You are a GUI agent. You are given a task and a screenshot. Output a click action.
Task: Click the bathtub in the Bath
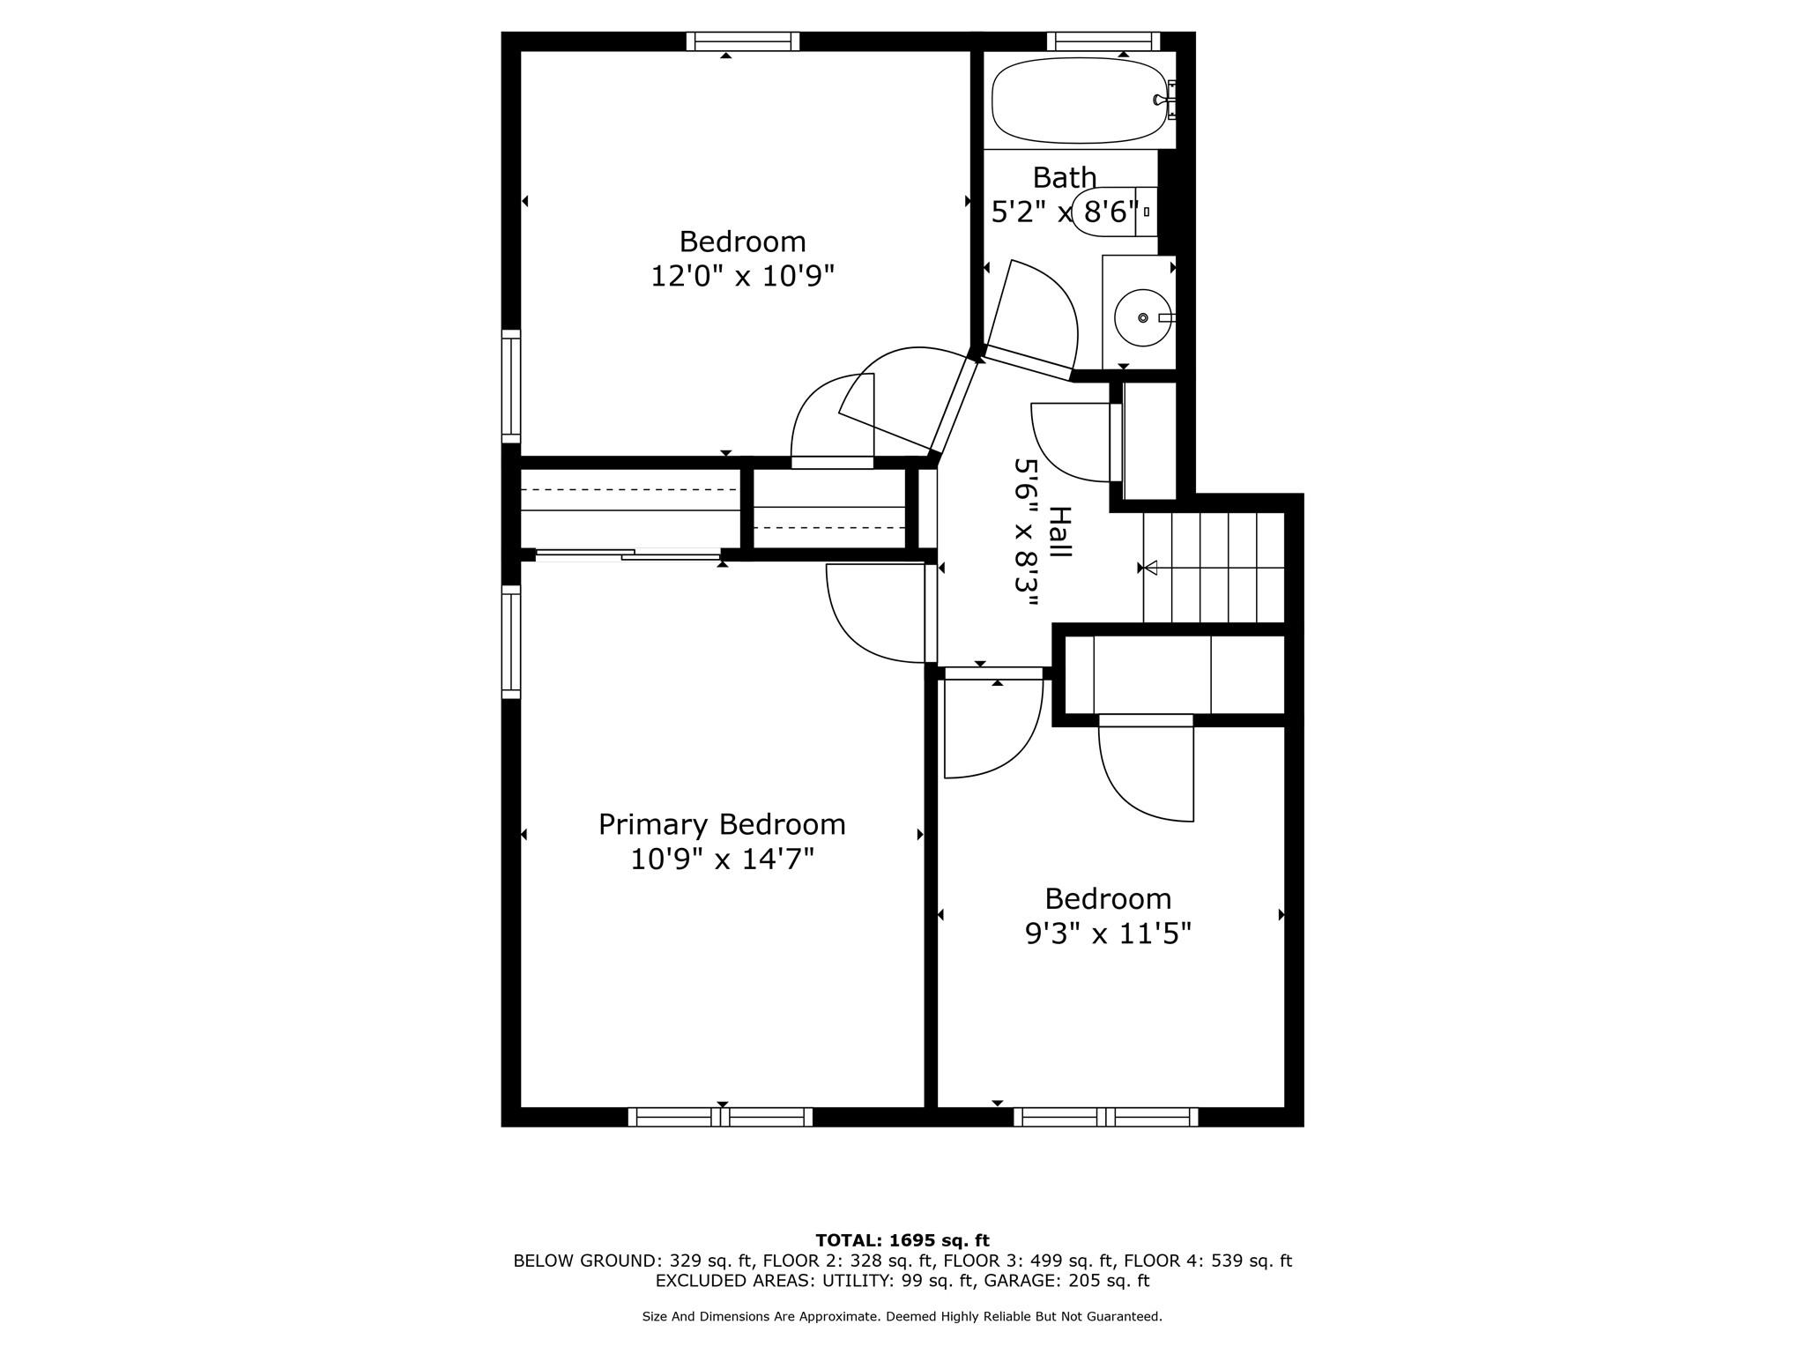point(1080,100)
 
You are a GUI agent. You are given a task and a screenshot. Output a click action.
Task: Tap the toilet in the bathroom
point(1112,212)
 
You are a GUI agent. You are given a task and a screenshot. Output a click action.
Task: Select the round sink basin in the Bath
point(1142,317)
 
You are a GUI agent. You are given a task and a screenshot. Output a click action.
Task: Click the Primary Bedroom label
point(721,824)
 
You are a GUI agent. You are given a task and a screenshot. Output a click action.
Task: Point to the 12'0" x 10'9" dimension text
point(742,277)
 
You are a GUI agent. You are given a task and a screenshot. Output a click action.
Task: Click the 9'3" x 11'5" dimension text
point(1107,933)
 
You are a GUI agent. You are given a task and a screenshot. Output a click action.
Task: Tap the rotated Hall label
point(1060,532)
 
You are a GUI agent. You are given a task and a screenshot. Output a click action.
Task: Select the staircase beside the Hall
point(1213,568)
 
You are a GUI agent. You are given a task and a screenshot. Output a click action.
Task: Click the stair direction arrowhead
point(1149,568)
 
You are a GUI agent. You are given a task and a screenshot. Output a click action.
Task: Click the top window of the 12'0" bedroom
point(742,41)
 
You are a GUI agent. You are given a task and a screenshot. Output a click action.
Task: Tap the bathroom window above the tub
point(1103,41)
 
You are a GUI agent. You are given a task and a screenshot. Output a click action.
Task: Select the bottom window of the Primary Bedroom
point(720,1117)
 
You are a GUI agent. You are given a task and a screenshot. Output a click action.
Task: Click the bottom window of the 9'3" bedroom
point(1105,1117)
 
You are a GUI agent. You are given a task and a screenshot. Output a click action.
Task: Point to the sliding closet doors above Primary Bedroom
point(628,554)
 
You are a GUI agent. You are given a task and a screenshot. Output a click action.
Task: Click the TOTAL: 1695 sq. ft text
point(902,1240)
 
